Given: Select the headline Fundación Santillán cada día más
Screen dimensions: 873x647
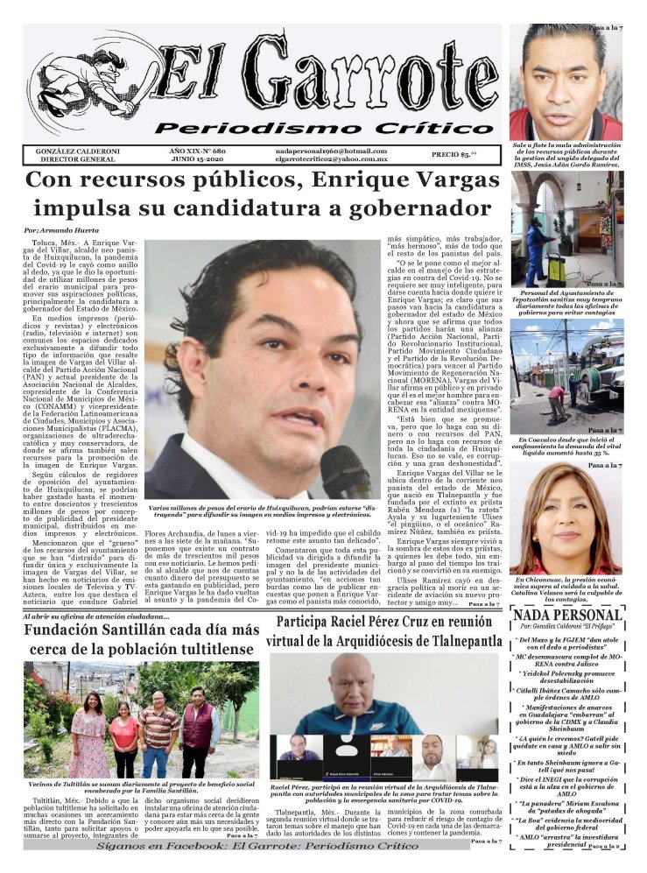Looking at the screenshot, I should (143, 630).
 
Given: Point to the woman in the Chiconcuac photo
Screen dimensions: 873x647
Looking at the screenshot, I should (565, 517).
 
